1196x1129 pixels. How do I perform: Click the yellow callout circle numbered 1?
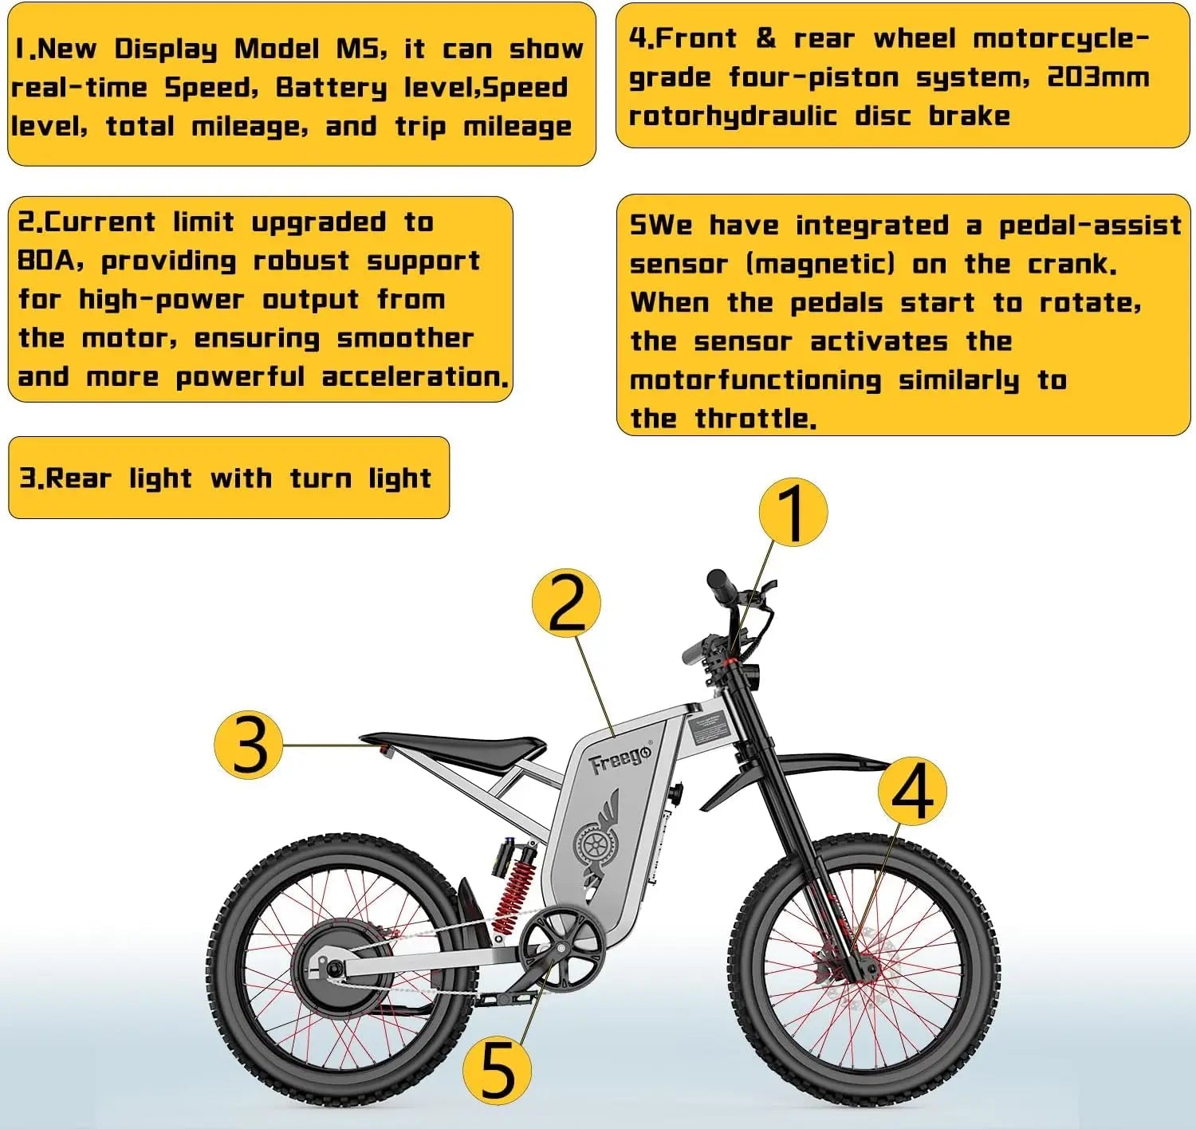point(792,512)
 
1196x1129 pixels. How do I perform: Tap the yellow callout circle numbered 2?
point(566,603)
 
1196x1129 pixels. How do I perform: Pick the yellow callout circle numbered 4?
point(912,791)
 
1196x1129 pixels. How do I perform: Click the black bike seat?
point(454,748)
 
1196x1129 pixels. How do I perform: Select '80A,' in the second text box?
point(50,262)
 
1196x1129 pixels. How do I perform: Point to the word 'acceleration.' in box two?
point(415,377)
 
